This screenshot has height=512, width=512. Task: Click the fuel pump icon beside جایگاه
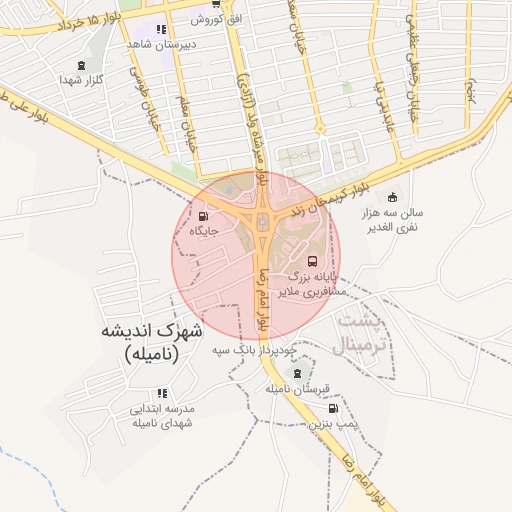(205, 216)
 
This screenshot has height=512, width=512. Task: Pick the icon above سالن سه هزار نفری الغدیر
(392, 197)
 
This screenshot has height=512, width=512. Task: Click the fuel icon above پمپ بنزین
(332, 408)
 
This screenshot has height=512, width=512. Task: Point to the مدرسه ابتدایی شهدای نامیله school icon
(163, 391)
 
